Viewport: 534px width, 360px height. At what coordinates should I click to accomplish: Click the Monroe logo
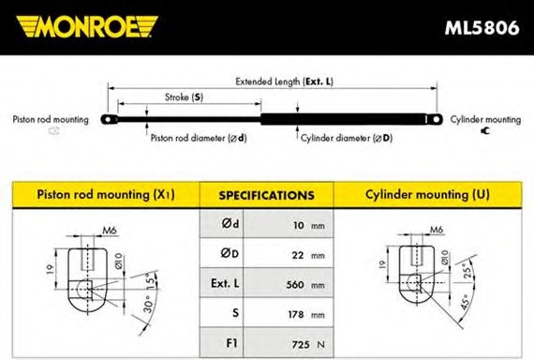click(87, 26)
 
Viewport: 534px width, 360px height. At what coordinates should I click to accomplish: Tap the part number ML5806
click(482, 27)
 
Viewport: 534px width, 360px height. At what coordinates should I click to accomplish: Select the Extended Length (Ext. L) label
click(285, 82)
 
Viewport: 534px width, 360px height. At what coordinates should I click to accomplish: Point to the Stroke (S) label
click(184, 97)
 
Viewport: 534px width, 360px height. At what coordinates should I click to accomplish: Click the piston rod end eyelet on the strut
click(109, 120)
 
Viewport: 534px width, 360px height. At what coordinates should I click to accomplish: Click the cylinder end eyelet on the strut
click(436, 119)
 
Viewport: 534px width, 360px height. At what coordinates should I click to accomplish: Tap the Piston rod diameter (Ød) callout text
click(199, 138)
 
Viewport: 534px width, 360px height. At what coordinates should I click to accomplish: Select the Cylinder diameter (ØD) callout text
click(347, 138)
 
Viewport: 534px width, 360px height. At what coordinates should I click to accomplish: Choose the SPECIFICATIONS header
click(266, 195)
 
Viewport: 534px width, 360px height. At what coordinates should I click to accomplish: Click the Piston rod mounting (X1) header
click(106, 195)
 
